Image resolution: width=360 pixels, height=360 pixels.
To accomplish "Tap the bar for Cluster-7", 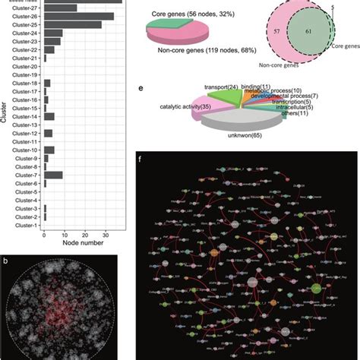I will [x=53, y=175].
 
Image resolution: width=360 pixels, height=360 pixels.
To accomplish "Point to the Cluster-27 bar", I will [x=60, y=8].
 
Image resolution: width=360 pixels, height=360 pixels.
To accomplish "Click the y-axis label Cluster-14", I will [x=23, y=116].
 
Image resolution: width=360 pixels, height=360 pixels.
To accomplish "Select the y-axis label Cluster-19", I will [x=23, y=75].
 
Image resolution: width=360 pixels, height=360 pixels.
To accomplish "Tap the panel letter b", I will [x=6, y=263].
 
